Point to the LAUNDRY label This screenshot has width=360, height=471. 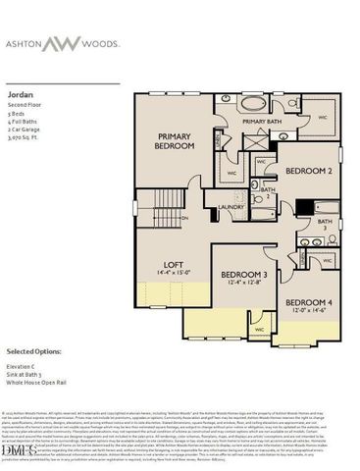pos(231,207)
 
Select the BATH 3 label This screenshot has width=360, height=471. pos(325,225)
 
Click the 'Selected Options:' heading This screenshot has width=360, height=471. pos(33,350)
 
